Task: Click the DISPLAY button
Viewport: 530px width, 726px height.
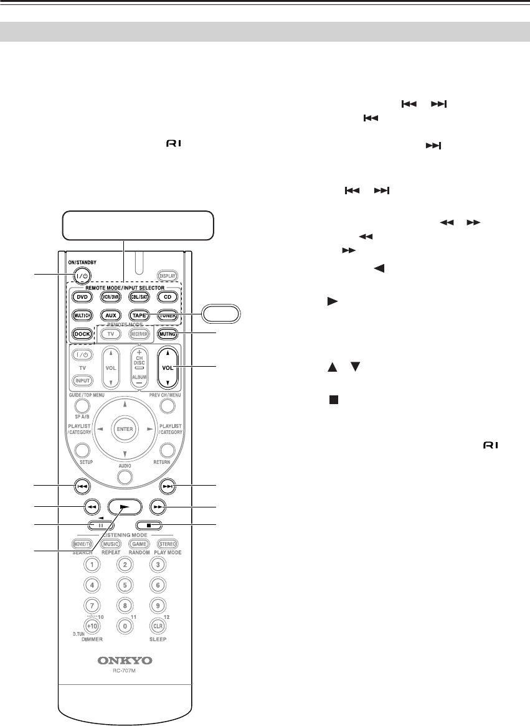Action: click(x=168, y=276)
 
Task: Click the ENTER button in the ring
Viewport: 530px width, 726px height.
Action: click(x=125, y=430)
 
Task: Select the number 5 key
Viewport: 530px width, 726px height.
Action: click(x=125, y=585)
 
